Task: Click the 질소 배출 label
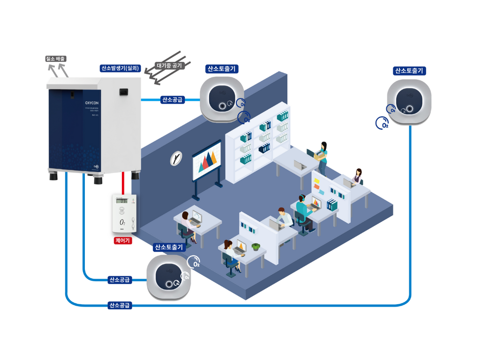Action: point(55,59)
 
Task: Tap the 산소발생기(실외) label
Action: point(121,68)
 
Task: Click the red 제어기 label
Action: point(123,241)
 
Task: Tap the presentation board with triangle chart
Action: point(206,162)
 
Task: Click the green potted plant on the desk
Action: point(255,247)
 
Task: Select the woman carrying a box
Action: point(322,157)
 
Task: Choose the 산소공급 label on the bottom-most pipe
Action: point(120,306)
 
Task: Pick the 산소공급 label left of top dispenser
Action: point(172,99)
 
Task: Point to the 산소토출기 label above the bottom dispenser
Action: point(169,247)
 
